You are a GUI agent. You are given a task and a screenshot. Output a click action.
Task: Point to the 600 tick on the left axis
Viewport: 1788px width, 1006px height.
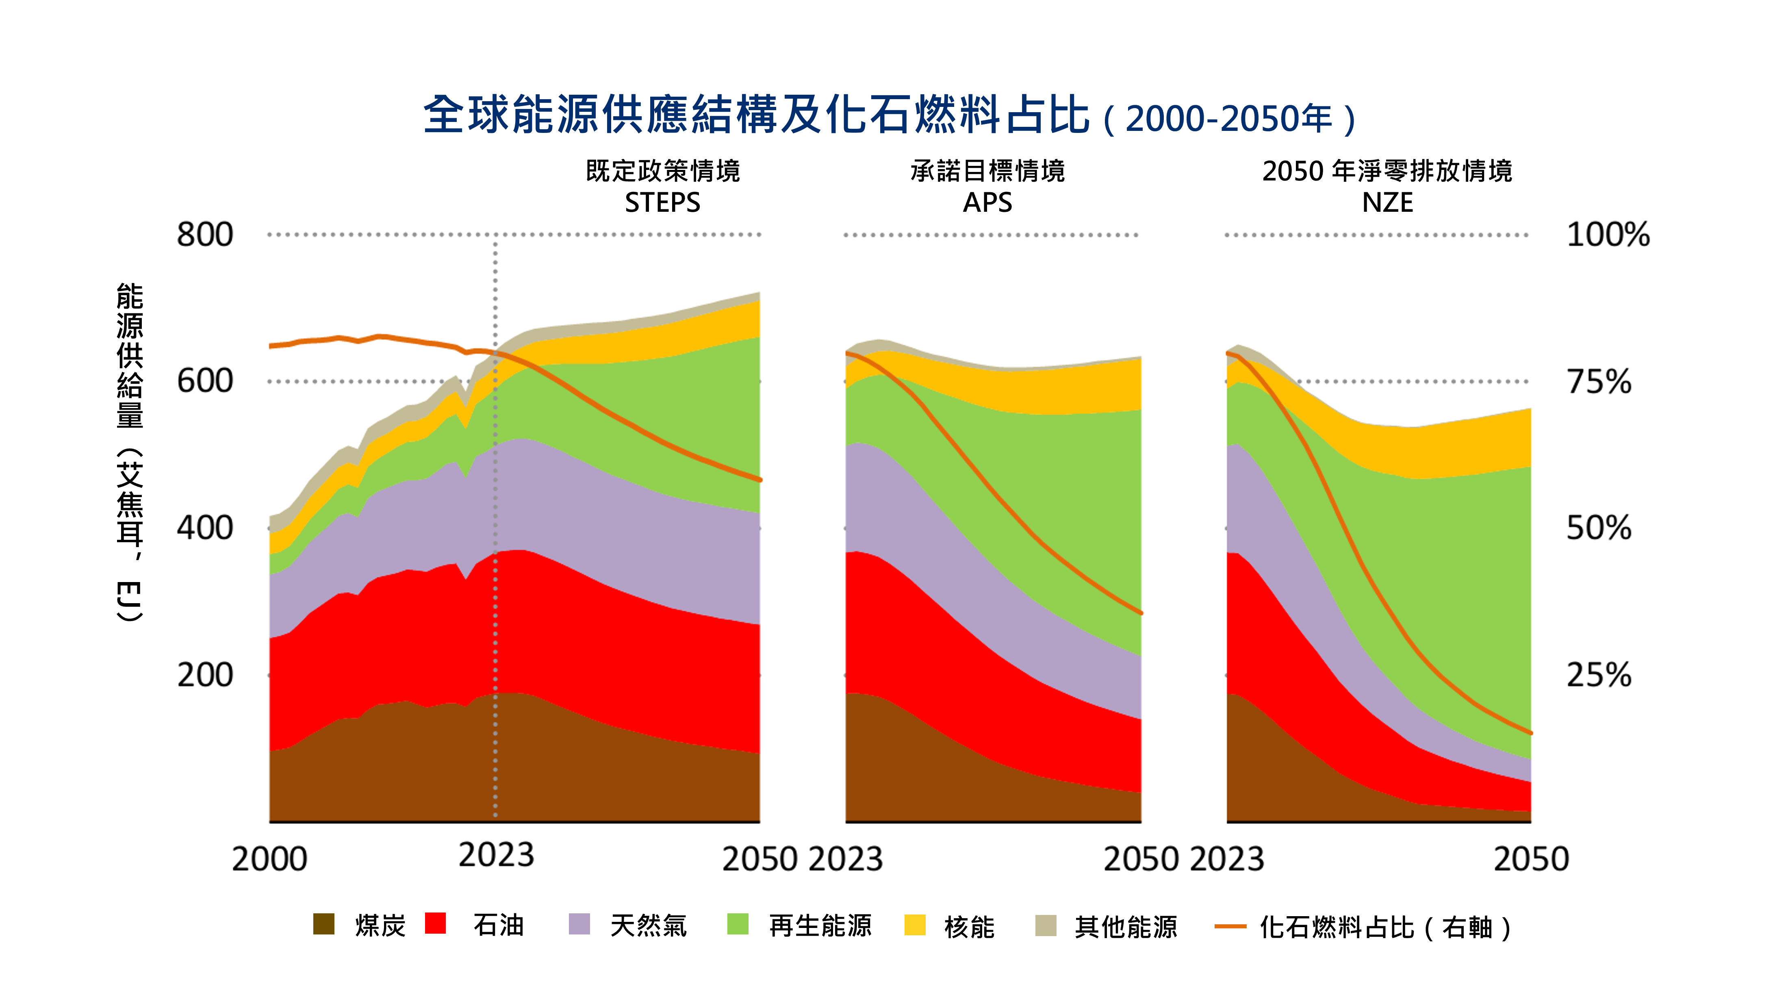[205, 381]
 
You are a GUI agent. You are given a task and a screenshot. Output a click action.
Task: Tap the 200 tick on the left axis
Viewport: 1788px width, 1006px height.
[205, 675]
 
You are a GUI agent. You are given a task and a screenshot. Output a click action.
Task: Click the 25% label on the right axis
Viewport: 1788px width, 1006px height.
[1599, 675]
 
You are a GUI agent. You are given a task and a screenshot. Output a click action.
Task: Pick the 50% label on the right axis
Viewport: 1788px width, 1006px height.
[1599, 528]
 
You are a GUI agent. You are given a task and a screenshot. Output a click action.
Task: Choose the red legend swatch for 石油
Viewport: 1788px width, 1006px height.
[435, 923]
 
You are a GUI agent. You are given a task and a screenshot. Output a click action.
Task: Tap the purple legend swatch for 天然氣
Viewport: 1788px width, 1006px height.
[579, 924]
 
